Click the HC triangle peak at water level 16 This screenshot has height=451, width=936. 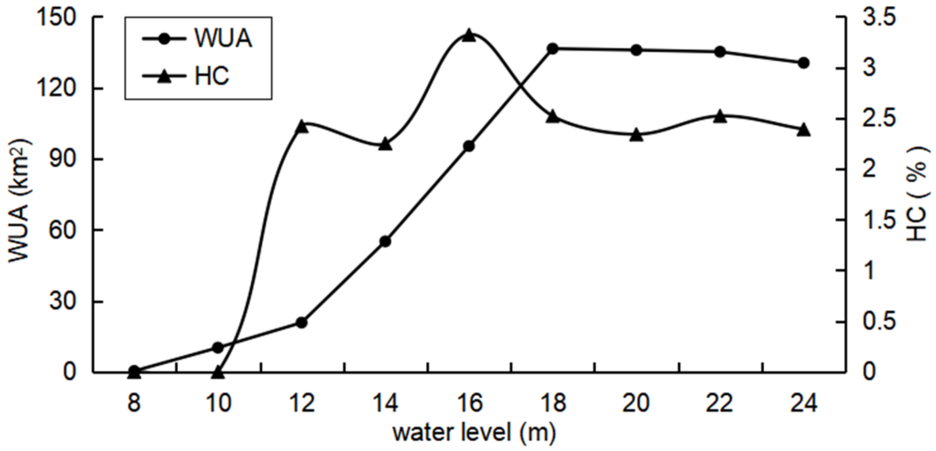click(469, 36)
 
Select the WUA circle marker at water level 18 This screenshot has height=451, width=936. click(553, 48)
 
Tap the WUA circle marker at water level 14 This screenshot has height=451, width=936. click(385, 241)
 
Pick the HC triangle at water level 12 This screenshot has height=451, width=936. click(302, 127)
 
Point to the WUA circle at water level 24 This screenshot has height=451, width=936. click(804, 63)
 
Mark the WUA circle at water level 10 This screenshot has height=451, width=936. click(218, 347)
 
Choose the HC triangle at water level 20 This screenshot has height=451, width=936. click(636, 135)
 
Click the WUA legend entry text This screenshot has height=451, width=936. click(223, 38)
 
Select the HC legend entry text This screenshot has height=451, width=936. click(211, 76)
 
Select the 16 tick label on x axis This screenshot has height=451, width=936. click(469, 403)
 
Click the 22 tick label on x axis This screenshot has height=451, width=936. click(720, 403)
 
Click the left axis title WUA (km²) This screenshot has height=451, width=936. click(19, 200)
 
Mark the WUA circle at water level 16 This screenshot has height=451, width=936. click(469, 146)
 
